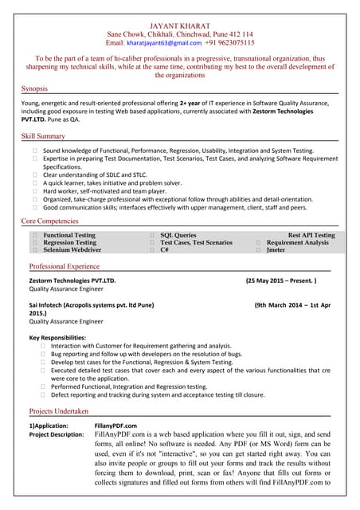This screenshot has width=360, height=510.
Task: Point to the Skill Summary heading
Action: (x=43, y=137)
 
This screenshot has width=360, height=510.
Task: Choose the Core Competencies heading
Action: (x=49, y=220)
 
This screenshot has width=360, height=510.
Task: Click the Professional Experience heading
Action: (x=65, y=266)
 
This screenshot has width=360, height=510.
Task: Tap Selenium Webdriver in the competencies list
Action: (x=72, y=250)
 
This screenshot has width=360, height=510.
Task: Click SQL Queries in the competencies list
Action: (x=178, y=236)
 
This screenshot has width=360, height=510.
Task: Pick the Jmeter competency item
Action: (x=276, y=250)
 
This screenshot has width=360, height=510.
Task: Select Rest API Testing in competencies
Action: (x=311, y=236)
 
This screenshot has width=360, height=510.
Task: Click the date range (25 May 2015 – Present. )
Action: (x=281, y=281)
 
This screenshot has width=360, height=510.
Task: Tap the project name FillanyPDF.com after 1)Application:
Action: (x=115, y=426)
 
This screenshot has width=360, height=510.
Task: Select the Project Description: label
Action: (x=57, y=434)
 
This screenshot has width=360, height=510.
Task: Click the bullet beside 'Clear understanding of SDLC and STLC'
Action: (x=35, y=175)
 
